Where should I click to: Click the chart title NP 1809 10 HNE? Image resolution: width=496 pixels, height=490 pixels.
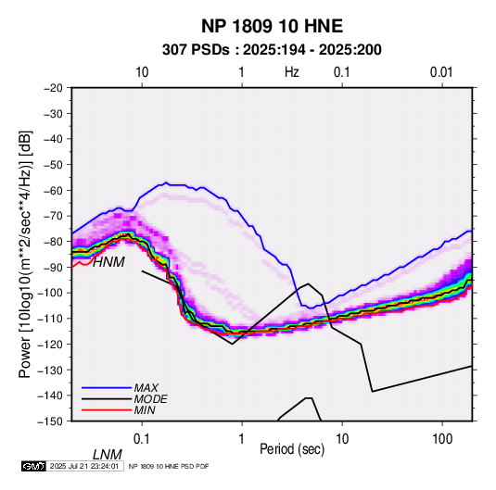coord(272,26)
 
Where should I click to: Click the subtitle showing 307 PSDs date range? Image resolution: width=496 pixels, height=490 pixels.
coord(272,50)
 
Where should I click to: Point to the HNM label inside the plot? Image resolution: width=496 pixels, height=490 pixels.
coord(108,262)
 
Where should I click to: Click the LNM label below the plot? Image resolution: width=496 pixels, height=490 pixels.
coord(108,455)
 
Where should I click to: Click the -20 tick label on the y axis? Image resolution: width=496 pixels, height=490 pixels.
coord(53,88)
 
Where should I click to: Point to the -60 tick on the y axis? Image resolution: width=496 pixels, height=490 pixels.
coord(53,190)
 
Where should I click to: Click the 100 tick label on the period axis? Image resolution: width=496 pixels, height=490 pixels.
coord(442,439)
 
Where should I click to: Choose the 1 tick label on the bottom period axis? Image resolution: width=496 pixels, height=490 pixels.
coord(242,439)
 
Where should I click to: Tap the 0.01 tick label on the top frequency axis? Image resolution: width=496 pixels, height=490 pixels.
coord(441,72)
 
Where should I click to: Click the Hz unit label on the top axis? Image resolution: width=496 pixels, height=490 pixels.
coord(292,72)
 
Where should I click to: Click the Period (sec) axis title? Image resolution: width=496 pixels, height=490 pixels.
coord(292,449)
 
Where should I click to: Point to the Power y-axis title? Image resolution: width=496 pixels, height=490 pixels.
coord(25,255)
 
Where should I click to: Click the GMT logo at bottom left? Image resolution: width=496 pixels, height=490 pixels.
coord(34,466)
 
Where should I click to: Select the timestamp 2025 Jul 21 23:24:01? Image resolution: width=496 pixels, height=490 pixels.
coord(84,466)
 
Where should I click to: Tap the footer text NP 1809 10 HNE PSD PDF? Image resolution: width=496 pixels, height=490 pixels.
coord(169,466)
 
